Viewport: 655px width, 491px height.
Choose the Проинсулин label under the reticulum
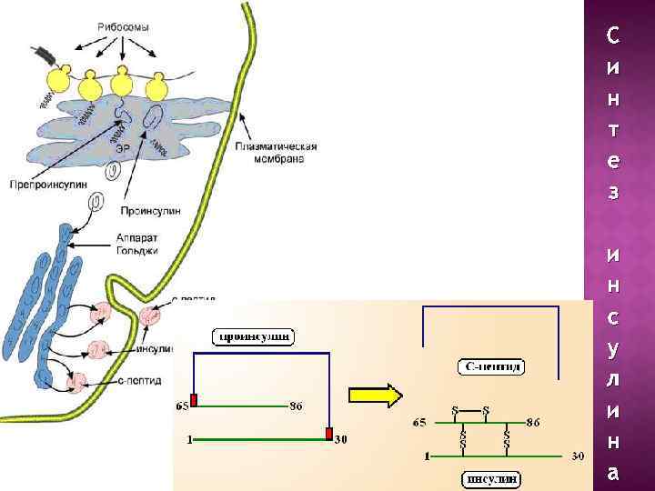150,211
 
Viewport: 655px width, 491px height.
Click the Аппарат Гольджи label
137,245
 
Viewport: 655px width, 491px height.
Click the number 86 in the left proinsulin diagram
296,406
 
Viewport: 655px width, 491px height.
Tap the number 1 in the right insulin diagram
428,456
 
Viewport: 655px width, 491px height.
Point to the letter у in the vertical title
613,349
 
